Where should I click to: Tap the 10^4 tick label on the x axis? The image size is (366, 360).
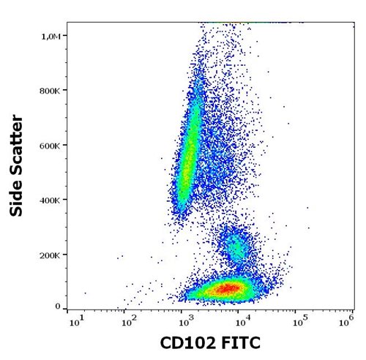[x=242, y=320]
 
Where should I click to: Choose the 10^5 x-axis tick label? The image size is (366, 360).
[x=298, y=320]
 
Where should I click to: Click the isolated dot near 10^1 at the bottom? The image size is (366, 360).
[x=85, y=293]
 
